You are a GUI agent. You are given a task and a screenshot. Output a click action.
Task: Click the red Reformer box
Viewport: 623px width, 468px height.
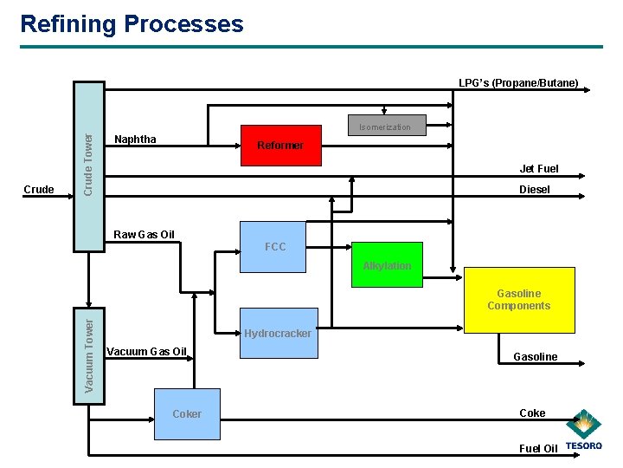click(x=280, y=146)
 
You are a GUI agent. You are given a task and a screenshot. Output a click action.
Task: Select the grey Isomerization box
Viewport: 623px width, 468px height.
click(x=385, y=127)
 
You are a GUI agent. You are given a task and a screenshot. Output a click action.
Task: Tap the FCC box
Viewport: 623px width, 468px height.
click(x=274, y=247)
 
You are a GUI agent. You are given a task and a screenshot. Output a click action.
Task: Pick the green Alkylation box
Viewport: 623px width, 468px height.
click(x=387, y=266)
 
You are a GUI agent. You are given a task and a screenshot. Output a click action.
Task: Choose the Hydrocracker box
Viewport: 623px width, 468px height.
click(x=277, y=333)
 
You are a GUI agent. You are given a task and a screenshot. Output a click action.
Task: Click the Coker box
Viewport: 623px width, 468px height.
click(x=187, y=413)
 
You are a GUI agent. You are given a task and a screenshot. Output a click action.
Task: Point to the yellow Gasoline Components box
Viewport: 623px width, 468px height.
click(x=519, y=300)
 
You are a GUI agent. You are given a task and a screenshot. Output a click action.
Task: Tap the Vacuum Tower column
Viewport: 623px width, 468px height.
click(x=88, y=355)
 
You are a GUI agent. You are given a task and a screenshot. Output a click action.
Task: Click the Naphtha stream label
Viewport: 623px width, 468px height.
click(x=135, y=140)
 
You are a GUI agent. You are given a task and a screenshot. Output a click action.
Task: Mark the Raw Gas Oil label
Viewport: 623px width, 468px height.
click(x=145, y=235)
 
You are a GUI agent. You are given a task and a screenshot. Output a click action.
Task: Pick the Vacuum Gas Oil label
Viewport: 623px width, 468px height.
click(x=145, y=351)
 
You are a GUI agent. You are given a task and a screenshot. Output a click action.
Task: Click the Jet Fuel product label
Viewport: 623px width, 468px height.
click(x=538, y=169)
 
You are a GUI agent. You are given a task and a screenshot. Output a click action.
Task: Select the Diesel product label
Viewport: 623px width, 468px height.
click(x=534, y=190)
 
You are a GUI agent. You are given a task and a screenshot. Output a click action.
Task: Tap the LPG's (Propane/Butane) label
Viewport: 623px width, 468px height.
click(x=518, y=83)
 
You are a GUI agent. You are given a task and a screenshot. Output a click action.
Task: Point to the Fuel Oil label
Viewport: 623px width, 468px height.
click(x=538, y=448)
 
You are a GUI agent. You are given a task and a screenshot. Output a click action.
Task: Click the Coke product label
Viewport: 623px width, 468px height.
click(x=532, y=413)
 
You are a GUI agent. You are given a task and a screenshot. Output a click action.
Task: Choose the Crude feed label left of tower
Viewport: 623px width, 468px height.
click(x=39, y=190)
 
